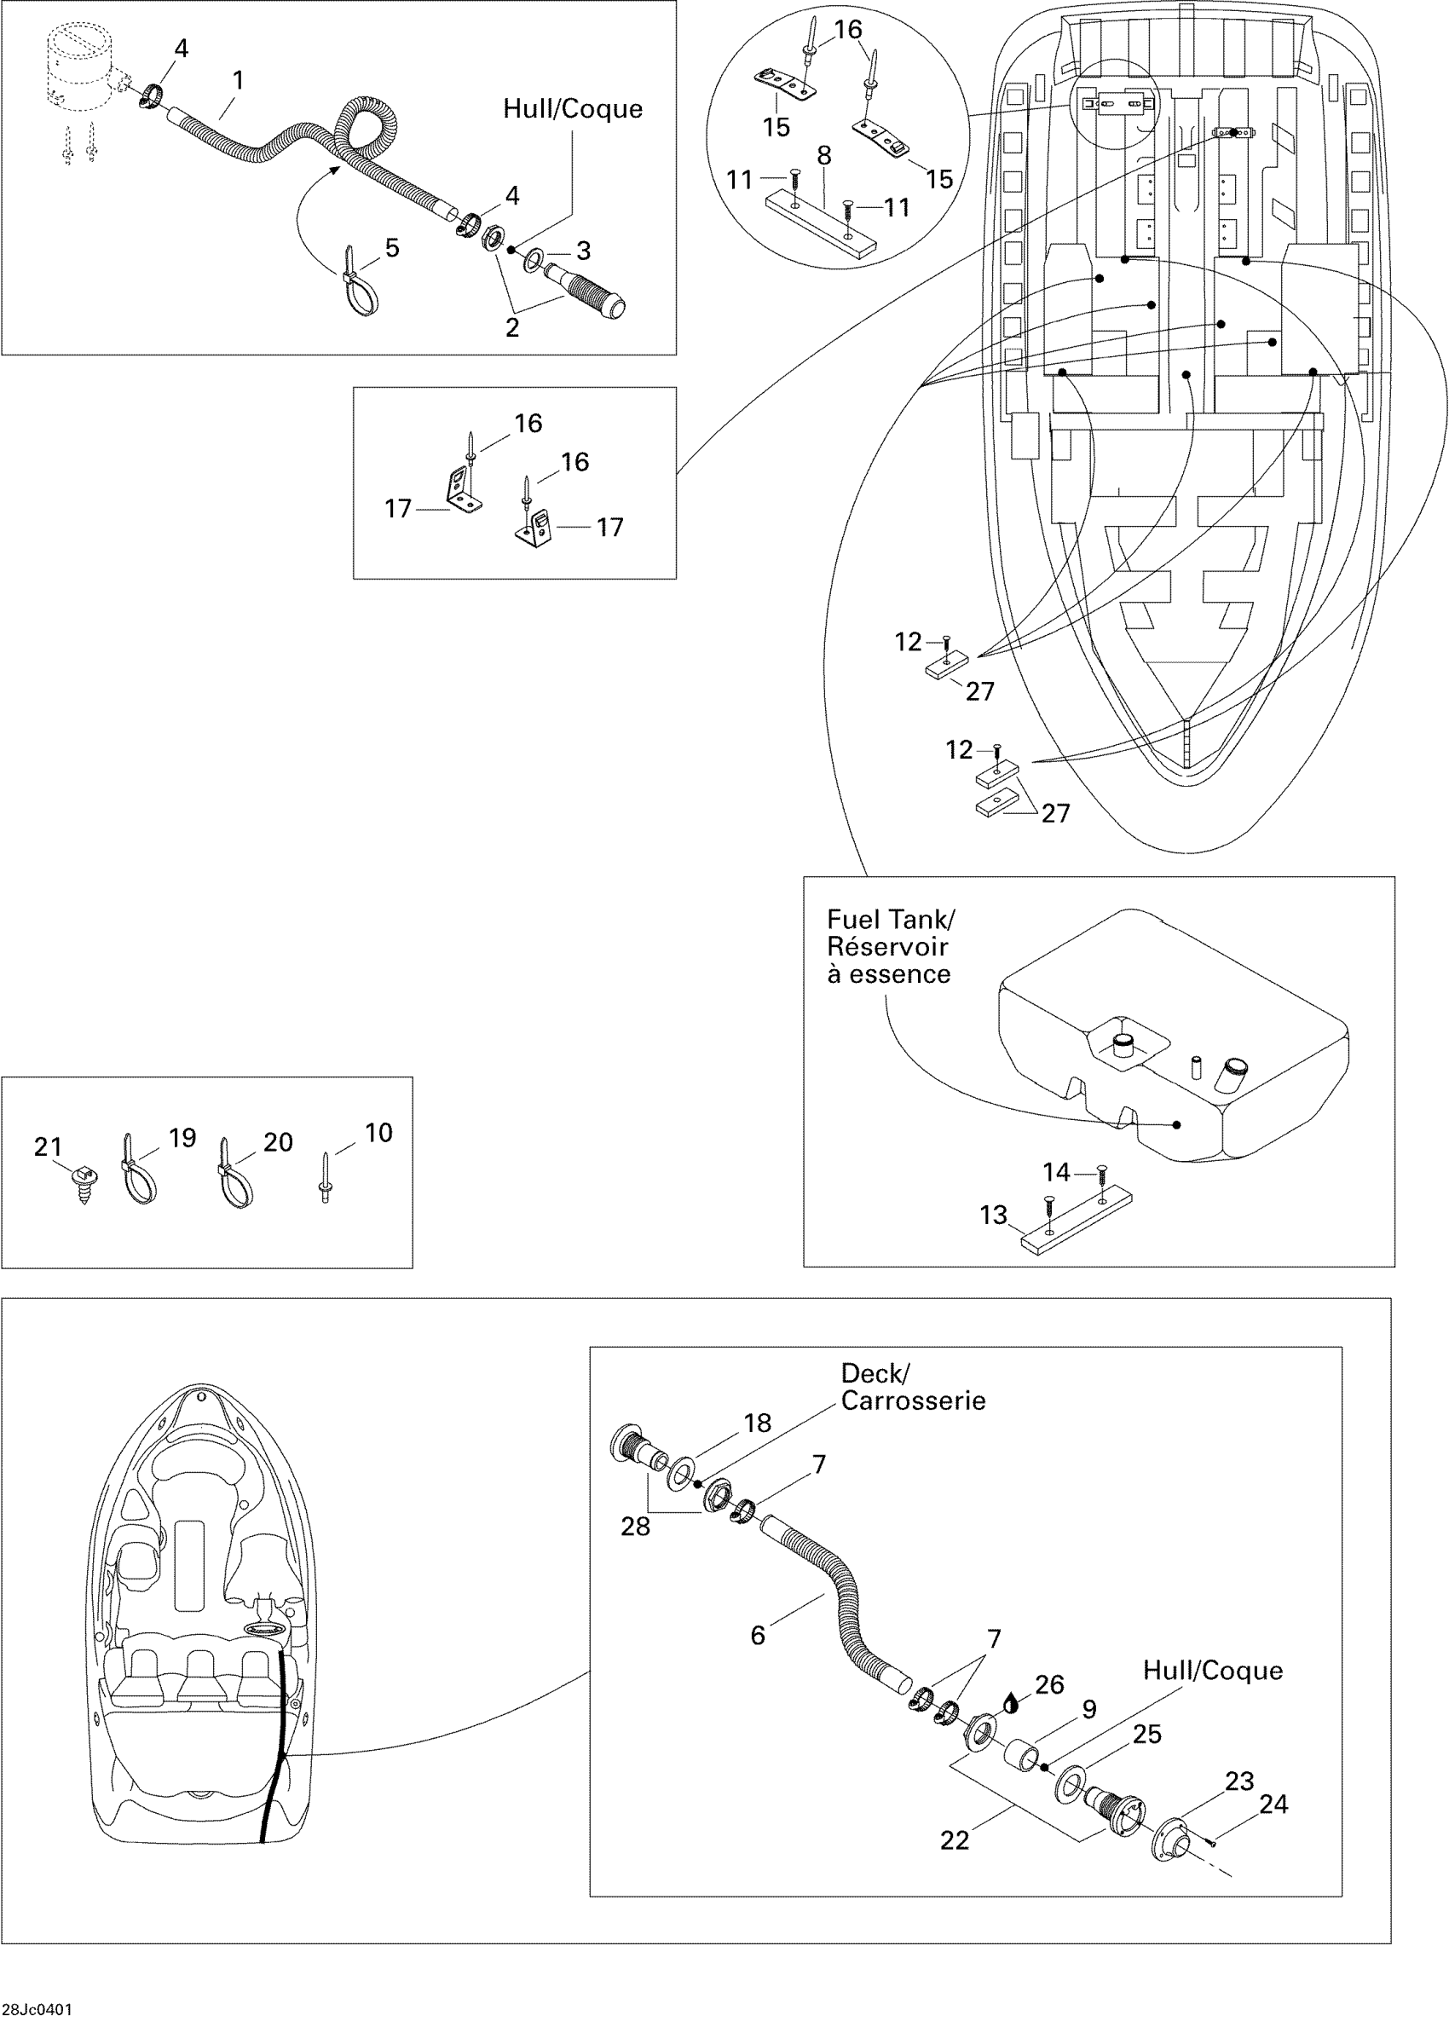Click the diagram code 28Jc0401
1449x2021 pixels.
(x=37, y=2009)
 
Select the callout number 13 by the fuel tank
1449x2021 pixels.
(x=993, y=1215)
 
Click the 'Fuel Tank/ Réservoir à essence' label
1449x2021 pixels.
(x=888, y=946)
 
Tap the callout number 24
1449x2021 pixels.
(x=1273, y=1804)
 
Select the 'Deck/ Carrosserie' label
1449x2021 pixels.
(x=913, y=1387)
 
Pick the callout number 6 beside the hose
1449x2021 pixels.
(x=758, y=1635)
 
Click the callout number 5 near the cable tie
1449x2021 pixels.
(x=391, y=248)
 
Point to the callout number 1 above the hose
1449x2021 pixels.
(x=238, y=80)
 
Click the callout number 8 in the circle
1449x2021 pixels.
(x=823, y=156)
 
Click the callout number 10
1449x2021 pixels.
(x=378, y=1133)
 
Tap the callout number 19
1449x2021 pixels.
(x=182, y=1138)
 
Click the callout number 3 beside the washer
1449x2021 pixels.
(x=583, y=251)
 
